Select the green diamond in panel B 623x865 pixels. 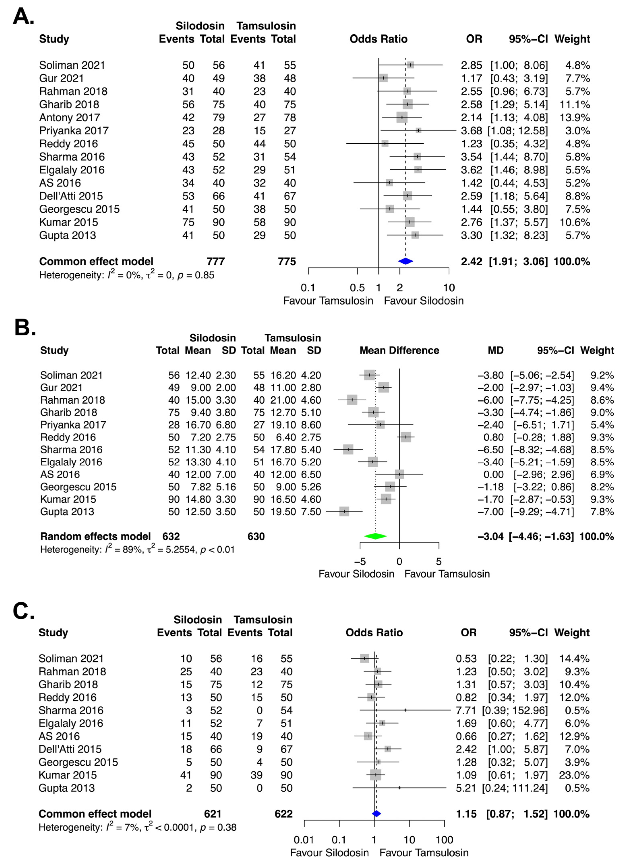pos(375,536)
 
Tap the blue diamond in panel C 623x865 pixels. pos(376,814)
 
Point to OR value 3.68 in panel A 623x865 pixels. pos(472,131)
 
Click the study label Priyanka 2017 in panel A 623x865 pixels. pos(74,131)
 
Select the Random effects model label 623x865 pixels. pos(95,536)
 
